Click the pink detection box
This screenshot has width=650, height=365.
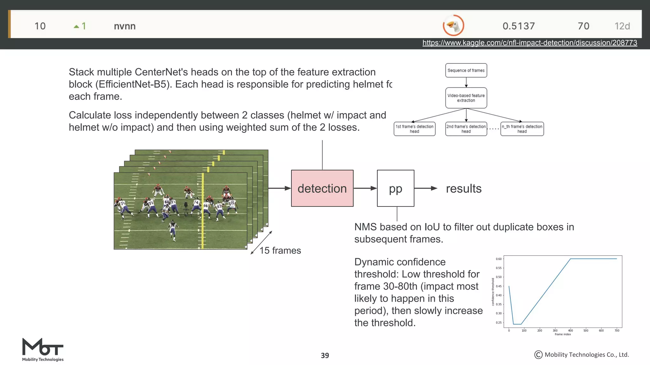(x=322, y=188)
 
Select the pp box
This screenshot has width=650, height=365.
(x=395, y=188)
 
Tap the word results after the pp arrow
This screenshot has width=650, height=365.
(x=464, y=189)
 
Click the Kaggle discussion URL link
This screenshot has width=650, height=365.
(x=529, y=43)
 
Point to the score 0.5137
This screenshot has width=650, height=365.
(x=519, y=26)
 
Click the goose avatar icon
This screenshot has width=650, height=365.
(x=453, y=25)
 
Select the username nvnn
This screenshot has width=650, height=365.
(x=125, y=26)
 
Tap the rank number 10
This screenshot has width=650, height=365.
(x=40, y=26)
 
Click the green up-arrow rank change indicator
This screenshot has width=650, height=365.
(x=76, y=26)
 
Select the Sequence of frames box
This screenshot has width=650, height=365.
(x=466, y=70)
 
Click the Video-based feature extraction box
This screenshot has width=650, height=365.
(x=466, y=98)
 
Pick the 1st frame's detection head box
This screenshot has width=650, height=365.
(x=414, y=129)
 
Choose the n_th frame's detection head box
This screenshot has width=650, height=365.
(x=522, y=129)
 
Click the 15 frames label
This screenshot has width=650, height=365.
(x=280, y=250)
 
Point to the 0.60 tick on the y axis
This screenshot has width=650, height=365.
(x=499, y=259)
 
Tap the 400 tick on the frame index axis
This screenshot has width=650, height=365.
(x=570, y=330)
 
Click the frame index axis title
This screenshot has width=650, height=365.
(x=562, y=334)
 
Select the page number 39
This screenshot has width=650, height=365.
(x=325, y=355)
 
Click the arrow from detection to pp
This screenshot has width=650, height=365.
(x=365, y=188)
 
